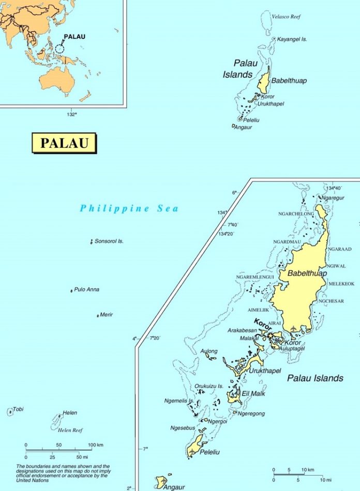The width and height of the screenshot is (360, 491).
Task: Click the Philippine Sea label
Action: (x=129, y=209)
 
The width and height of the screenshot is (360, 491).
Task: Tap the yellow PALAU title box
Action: (x=64, y=143)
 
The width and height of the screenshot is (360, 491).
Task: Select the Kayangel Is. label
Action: (x=292, y=39)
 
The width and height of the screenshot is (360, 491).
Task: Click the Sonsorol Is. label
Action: (x=109, y=241)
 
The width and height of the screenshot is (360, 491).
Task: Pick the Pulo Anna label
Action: (x=87, y=289)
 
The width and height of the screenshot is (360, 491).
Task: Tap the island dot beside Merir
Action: (x=98, y=316)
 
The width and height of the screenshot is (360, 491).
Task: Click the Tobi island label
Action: (x=18, y=409)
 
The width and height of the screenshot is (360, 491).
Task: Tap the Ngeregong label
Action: (x=252, y=413)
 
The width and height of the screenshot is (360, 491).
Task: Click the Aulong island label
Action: (x=209, y=351)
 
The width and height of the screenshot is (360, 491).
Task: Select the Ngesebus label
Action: (x=183, y=428)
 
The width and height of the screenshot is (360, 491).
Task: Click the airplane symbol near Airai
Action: (x=294, y=329)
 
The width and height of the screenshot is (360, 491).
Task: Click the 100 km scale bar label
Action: (x=96, y=445)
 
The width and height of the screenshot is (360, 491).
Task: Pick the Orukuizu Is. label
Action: (x=209, y=386)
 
